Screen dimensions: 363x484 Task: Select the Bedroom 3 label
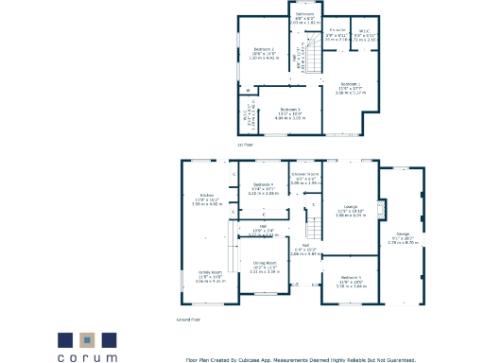pos(290,109)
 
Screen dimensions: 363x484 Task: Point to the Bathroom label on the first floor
pos(304,14)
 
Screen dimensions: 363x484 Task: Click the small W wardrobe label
pos(249,91)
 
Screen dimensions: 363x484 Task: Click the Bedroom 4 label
pos(263,183)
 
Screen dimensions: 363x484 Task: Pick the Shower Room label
pos(304,175)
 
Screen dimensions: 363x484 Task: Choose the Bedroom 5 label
pos(350,278)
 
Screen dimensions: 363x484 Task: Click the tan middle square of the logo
pos(87,338)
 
